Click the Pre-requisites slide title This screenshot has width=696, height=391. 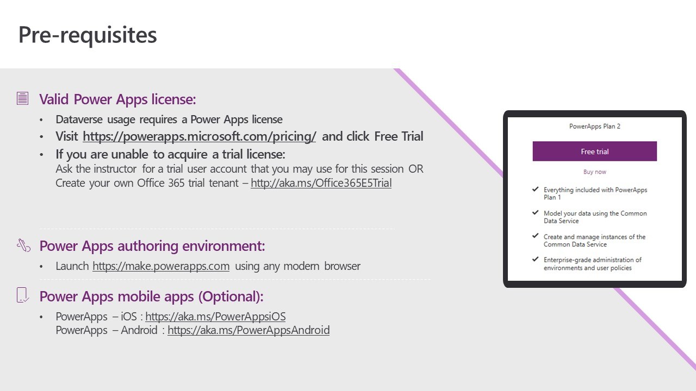88,35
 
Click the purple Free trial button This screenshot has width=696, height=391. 594,151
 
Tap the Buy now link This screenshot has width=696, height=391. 594,172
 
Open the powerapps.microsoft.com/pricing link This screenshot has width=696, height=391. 199,136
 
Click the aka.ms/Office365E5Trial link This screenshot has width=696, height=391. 321,183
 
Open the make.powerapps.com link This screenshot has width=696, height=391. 161,266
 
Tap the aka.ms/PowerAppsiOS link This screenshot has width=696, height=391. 215,317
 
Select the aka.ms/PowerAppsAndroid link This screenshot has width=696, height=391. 248,330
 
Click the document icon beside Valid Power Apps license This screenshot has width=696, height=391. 22,98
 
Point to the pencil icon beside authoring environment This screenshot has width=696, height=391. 23,245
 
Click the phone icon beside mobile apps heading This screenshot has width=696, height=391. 22,295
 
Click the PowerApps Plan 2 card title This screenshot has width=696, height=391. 594,127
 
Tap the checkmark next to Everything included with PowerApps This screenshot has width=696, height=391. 535,190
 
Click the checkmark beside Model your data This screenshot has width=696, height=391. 535,212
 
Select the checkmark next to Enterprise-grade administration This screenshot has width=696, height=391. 535,259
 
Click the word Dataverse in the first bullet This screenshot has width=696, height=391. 79,119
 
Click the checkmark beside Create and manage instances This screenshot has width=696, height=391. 535,236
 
